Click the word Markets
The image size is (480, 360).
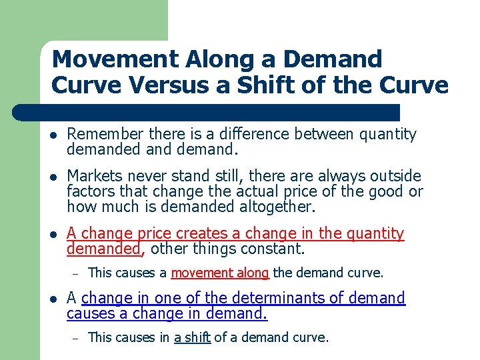(94, 176)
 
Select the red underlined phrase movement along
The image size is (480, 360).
(220, 272)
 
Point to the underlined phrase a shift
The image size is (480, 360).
(192, 337)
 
